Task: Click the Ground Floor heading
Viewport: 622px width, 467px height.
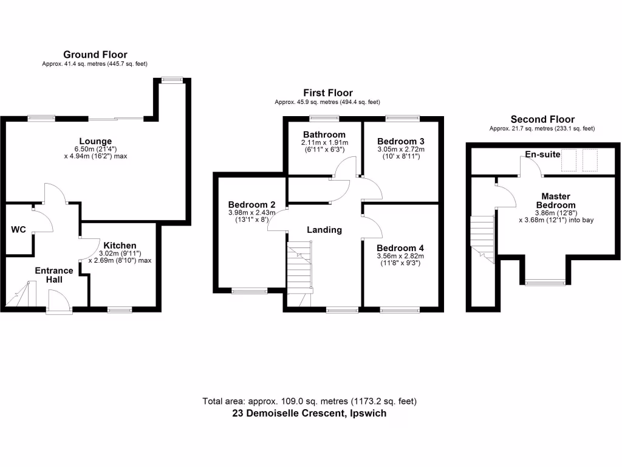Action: (95, 55)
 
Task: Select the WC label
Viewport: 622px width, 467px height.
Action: (18, 230)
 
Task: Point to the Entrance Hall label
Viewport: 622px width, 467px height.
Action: (53, 275)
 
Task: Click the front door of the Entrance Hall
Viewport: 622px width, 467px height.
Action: (58, 302)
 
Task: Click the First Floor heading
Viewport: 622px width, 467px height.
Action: (328, 93)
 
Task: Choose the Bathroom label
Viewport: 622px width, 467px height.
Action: (324, 134)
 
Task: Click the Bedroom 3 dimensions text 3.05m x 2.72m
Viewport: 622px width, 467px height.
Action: (400, 149)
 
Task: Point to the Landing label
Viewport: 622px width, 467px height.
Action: (324, 230)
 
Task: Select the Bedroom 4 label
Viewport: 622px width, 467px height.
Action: (400, 248)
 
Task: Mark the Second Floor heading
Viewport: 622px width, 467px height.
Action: (542, 119)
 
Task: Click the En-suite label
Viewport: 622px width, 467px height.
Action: (542, 155)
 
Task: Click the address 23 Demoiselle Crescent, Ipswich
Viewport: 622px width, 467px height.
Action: (309, 413)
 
